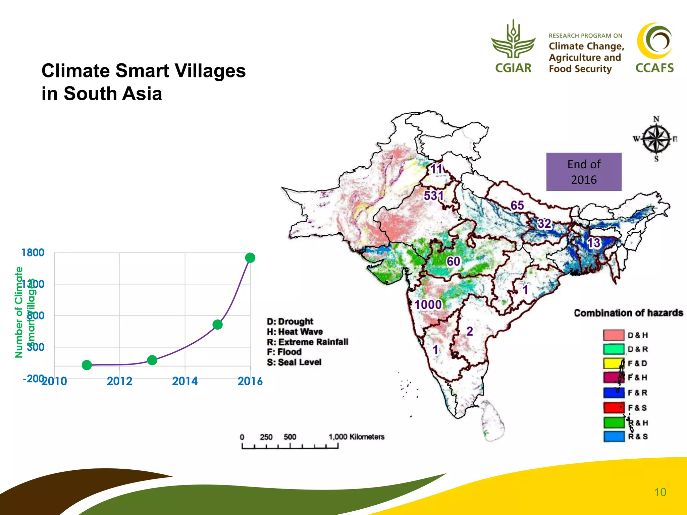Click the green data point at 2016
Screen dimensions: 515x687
pos(250,257)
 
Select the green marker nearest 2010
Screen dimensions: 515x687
pos(87,365)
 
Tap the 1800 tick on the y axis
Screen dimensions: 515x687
pos(33,252)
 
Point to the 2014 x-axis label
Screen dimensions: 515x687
pos(185,381)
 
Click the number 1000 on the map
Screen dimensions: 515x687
pos(428,305)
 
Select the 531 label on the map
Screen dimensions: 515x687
pos(433,195)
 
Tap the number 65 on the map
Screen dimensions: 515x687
pos(517,205)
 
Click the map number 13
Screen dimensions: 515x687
pos(593,243)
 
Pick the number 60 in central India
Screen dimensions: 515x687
pos(453,262)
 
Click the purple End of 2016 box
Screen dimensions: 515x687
pos(584,172)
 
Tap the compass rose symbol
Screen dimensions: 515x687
pos(656,138)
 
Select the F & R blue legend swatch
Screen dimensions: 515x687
pos(614,392)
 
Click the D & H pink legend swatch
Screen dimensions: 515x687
pos(614,335)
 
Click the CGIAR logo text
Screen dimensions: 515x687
pos(513,68)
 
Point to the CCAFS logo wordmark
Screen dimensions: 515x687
pos(654,68)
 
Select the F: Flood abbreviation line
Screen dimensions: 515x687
pos(284,352)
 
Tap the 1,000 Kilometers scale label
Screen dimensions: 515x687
pos(356,437)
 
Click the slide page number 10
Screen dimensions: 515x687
pos(660,492)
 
